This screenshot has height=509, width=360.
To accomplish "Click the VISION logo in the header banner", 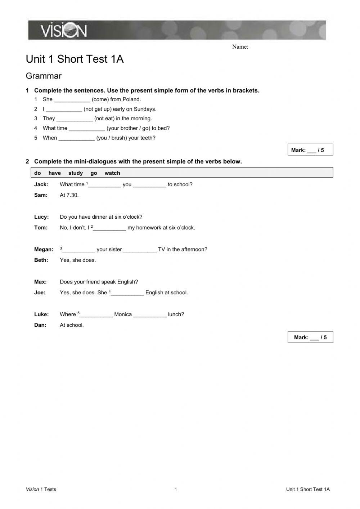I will pos(64,31).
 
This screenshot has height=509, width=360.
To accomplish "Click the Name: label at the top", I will pos(240,47).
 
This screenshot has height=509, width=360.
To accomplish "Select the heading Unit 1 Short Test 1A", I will pos(75,59).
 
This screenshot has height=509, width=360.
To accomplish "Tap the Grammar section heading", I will pos(44,76).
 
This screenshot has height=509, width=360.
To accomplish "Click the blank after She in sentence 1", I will pos(72,100).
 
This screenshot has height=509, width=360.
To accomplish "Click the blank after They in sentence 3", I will pos(75,119).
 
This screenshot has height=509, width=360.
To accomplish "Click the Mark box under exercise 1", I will pos(310,150).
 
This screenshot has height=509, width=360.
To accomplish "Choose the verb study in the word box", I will pos(76,173).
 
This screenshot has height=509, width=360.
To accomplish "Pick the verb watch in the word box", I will pos(112,173).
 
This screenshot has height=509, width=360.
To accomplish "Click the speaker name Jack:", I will pos(41,184).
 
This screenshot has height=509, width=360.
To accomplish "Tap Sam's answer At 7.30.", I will pos(69,195).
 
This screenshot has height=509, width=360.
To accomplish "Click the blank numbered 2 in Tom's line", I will pos(109,228).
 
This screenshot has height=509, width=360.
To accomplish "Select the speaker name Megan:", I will pos(44,249).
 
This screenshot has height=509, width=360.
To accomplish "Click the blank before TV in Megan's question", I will pos(140,250).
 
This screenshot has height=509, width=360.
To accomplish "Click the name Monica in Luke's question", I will pos(123,314).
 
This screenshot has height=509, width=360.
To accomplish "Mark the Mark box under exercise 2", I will pos(310,337).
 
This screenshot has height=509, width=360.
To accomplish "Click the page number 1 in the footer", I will pos(176,489).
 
